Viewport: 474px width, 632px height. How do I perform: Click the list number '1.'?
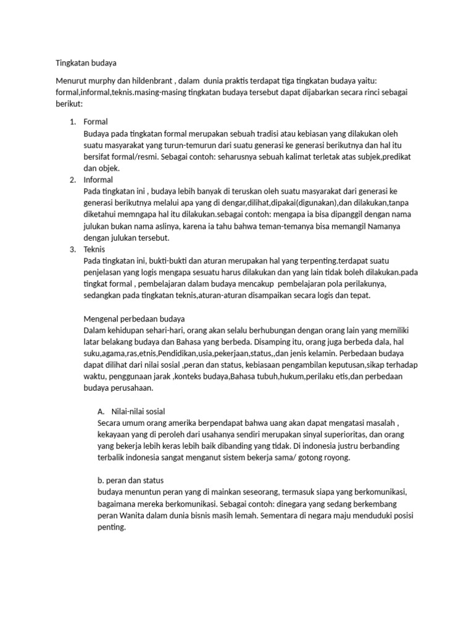(x=72, y=122)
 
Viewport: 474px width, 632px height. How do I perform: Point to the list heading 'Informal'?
(x=98, y=180)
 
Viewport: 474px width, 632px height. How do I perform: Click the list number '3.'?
(x=72, y=249)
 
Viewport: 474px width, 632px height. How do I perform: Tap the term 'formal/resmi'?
(x=128, y=157)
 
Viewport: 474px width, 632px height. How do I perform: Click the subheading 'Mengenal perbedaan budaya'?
(x=134, y=319)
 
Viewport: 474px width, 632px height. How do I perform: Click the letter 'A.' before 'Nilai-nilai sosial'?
(x=102, y=412)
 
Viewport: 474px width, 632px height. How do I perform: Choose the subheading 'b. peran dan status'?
(x=130, y=481)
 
